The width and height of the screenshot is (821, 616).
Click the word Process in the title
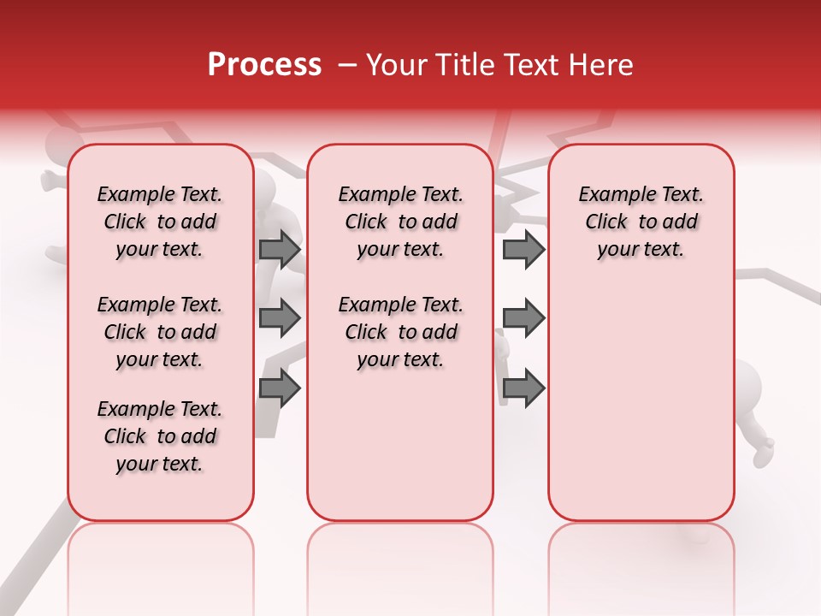tap(264, 65)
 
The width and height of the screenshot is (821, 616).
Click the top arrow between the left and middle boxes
tap(280, 249)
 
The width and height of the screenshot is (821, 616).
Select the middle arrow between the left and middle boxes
tap(280, 318)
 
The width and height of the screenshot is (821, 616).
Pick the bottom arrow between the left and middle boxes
tap(280, 388)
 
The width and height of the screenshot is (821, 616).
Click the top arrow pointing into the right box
tap(523, 249)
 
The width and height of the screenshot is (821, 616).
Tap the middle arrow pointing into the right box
tap(523, 318)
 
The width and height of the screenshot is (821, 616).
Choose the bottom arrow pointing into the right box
tap(523, 388)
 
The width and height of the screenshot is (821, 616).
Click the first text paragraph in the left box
tap(160, 222)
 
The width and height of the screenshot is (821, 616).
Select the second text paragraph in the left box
tap(160, 332)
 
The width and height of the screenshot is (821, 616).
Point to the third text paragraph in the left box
tap(160, 436)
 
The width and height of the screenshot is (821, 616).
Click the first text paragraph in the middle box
tap(400, 222)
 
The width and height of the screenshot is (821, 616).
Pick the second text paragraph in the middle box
tap(400, 332)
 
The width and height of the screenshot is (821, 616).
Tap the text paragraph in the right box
tap(641, 222)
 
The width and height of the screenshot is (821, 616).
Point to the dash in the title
tap(346, 65)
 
